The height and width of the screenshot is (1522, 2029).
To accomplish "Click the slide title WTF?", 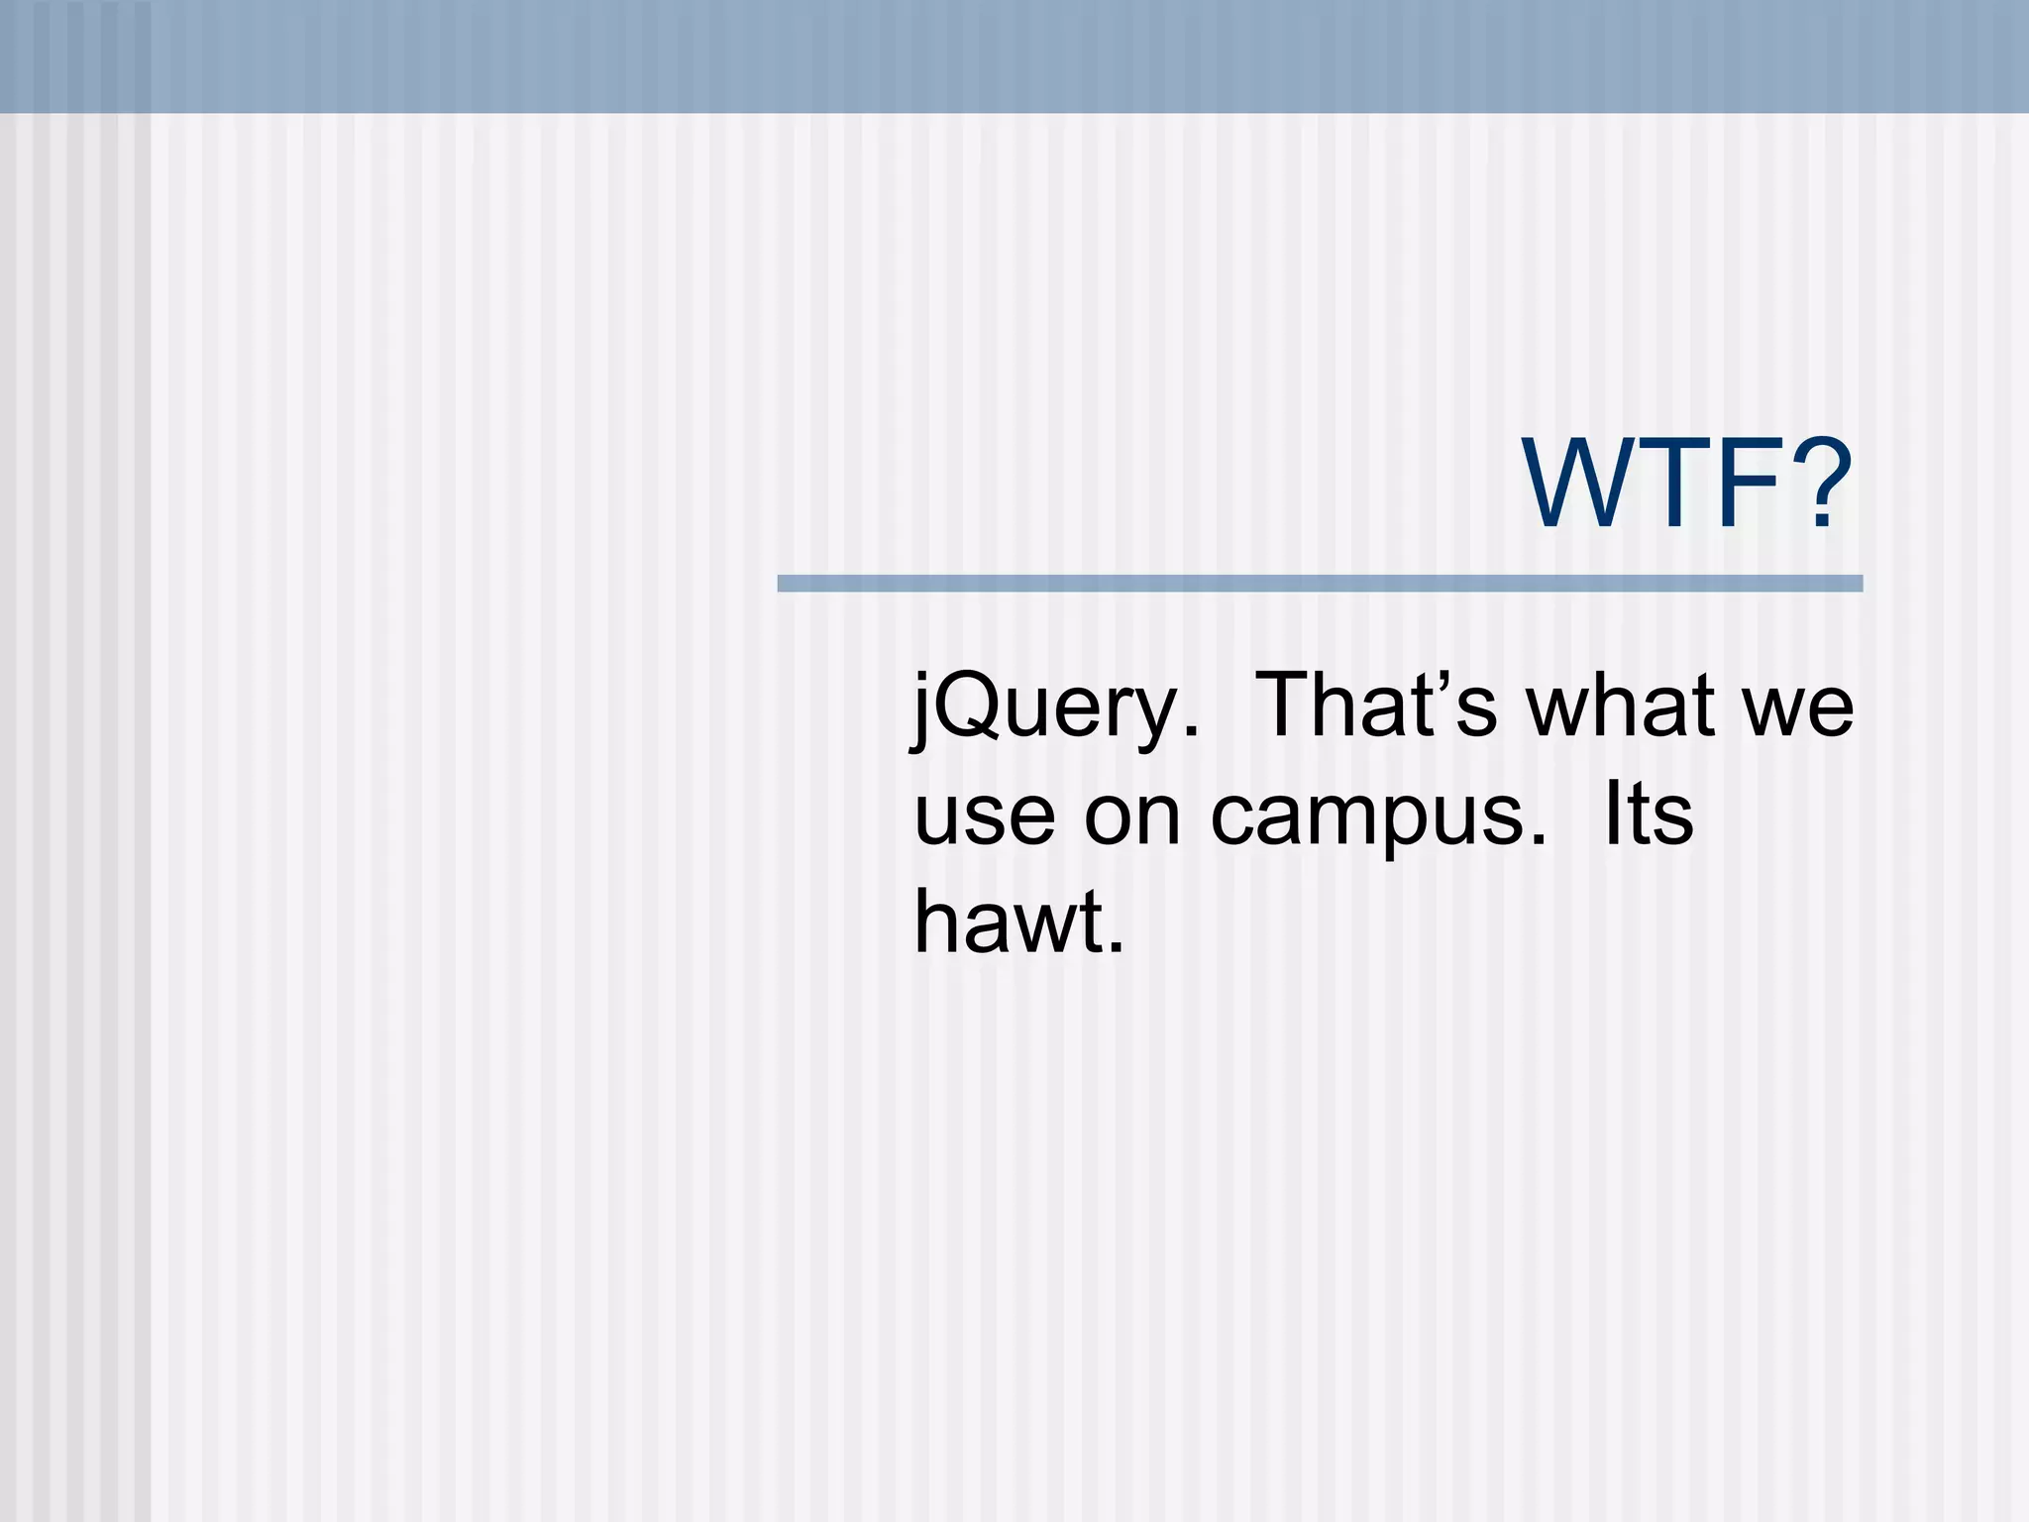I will click(1688, 485).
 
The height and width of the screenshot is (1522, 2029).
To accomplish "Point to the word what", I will click(1621, 706).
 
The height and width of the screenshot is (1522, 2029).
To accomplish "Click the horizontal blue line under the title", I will click(1320, 584).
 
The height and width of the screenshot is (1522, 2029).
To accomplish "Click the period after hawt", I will click(1117, 948).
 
